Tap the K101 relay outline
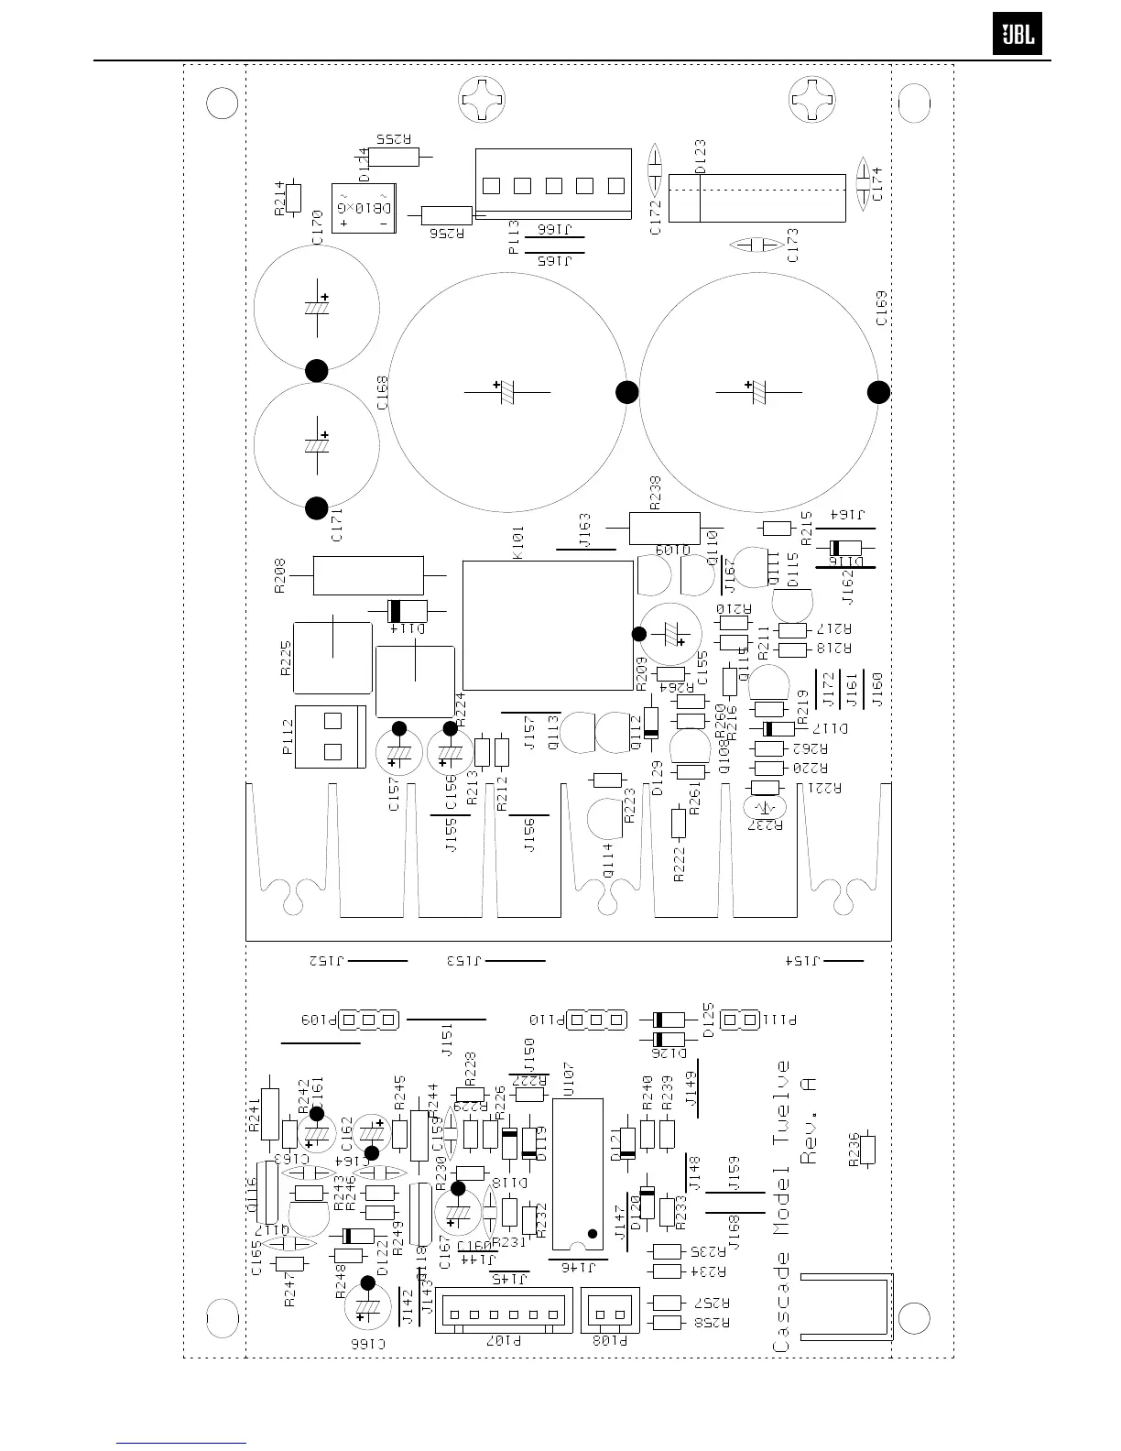click(548, 625)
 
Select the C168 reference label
click(382, 391)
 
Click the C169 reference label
click(881, 309)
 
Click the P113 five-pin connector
click(553, 184)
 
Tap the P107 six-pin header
click(504, 1312)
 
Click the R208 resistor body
click(368, 575)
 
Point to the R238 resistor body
click(665, 528)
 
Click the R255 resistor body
click(393, 156)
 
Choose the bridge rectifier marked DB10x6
click(365, 208)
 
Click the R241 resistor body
click(269, 1113)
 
